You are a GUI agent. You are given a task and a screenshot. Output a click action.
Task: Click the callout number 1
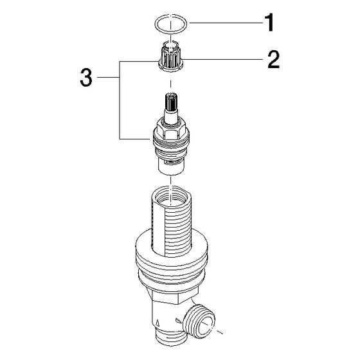point(269,22)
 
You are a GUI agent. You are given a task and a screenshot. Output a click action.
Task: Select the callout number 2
point(274,59)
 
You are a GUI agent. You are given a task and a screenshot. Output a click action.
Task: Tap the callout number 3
point(86,78)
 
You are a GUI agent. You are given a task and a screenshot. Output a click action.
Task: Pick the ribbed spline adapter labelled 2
point(170,57)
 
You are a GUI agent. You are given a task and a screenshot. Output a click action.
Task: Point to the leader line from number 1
point(226,22)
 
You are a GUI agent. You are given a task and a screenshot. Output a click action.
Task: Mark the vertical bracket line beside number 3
point(120,100)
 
